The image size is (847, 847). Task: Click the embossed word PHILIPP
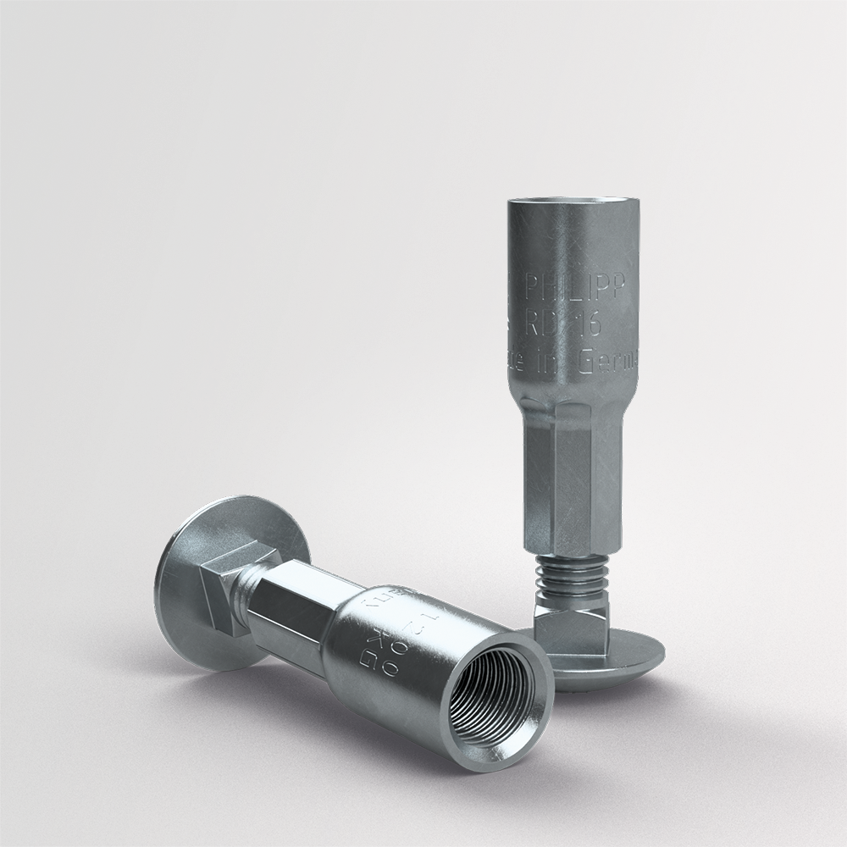point(576,291)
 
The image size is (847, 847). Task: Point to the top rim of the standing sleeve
point(565,202)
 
